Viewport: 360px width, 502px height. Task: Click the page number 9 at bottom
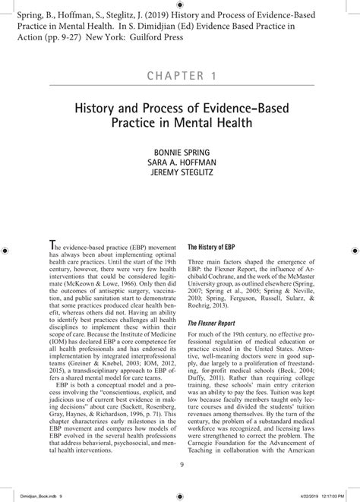click(181, 466)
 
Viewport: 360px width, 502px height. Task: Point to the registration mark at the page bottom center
click(180, 492)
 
